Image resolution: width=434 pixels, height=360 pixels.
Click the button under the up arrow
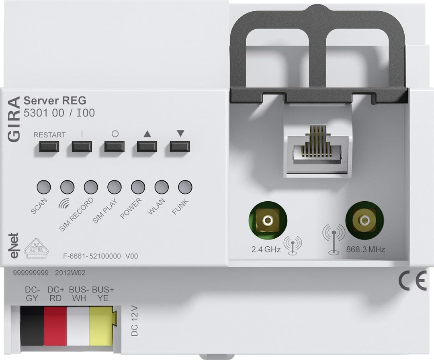point(147,147)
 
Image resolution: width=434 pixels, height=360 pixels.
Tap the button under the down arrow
point(179,147)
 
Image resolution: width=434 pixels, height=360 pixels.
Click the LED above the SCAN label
point(43,187)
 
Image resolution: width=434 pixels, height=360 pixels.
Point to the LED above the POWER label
point(138,187)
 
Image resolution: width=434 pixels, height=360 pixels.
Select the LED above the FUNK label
point(185,187)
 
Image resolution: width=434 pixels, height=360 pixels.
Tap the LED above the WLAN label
point(162,187)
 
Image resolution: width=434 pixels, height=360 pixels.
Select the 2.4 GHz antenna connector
point(268,220)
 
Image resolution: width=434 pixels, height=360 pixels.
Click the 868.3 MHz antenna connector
point(364,220)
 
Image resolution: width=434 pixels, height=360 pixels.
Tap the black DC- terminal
point(32,326)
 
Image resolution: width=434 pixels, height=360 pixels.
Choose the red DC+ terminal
point(55,326)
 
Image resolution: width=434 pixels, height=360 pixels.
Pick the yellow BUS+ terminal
point(100,326)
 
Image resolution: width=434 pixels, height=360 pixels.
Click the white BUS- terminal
point(78,326)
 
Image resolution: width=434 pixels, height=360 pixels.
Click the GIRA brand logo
point(14,119)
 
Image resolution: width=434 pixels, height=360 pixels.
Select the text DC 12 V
point(135,321)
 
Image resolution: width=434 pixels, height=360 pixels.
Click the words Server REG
point(55,100)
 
